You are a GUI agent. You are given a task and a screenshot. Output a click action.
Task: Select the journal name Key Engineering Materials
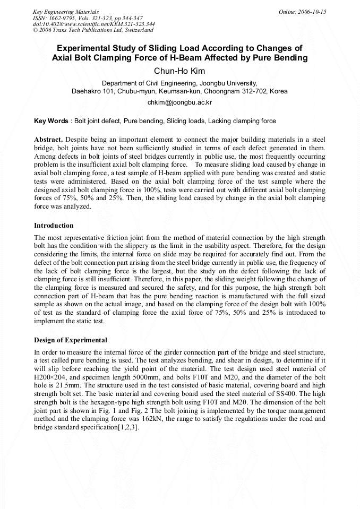click(66, 12)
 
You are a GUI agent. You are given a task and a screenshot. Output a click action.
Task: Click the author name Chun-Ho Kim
click(179, 71)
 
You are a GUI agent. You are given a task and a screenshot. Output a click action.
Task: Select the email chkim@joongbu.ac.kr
click(179, 102)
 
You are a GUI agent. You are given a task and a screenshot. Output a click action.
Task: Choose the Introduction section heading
click(54, 226)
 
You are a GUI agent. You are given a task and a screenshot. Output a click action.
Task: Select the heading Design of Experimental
click(71, 340)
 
